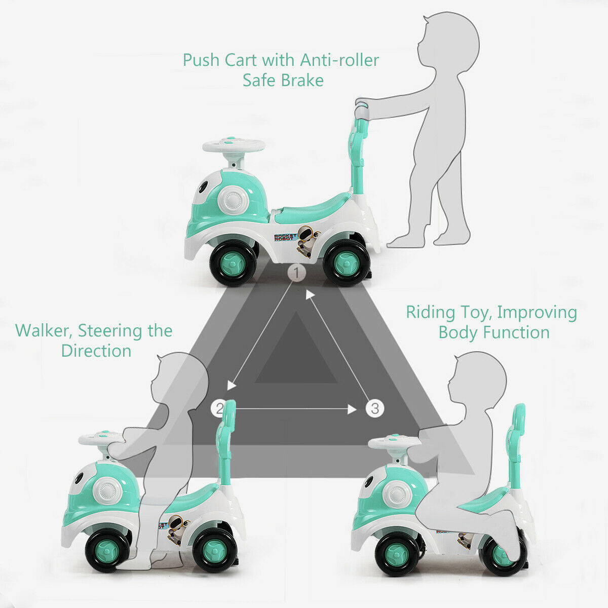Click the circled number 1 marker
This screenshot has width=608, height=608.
pyautogui.click(x=297, y=273)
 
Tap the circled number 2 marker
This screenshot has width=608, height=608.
pyautogui.click(x=219, y=408)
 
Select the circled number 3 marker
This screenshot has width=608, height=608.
pyautogui.click(x=374, y=408)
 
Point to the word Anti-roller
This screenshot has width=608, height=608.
pyautogui.click(x=339, y=60)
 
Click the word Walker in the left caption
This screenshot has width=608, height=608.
pyautogui.click(x=43, y=331)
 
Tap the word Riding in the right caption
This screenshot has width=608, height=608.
pyautogui.click(x=431, y=313)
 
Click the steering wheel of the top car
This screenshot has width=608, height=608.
pyautogui.click(x=234, y=145)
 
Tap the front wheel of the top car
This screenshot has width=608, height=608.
pyautogui.click(x=234, y=263)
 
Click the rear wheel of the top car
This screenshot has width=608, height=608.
pyautogui.click(x=346, y=263)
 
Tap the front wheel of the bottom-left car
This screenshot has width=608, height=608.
pyautogui.click(x=107, y=549)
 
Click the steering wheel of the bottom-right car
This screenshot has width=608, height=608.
pyautogui.click(x=394, y=442)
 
